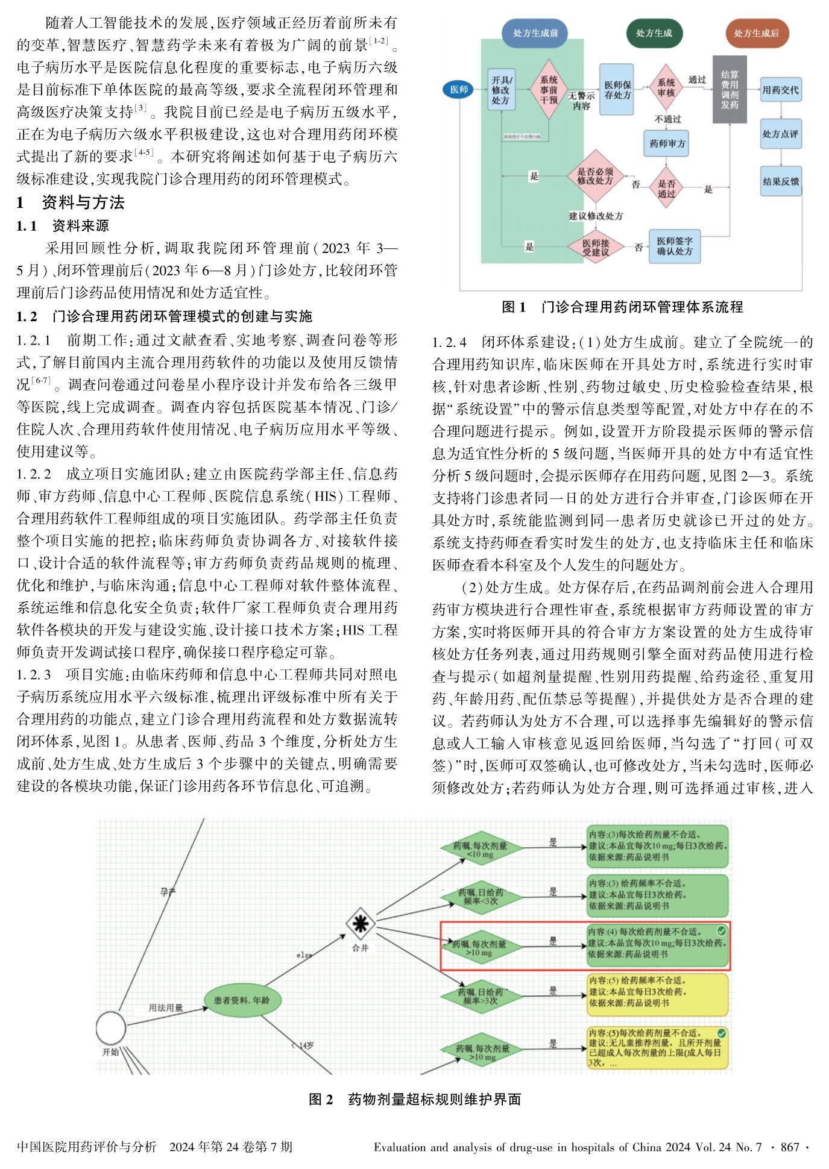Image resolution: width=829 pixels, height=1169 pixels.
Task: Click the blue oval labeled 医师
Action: (x=459, y=90)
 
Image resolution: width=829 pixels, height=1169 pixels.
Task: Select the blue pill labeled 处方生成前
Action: (x=535, y=33)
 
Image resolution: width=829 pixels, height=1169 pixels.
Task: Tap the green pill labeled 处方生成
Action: (x=654, y=33)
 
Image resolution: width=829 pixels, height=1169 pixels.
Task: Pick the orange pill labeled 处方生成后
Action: (x=756, y=33)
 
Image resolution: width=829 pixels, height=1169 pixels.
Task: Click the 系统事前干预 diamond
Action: (x=548, y=89)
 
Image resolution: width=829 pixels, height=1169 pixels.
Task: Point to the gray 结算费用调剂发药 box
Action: (x=730, y=89)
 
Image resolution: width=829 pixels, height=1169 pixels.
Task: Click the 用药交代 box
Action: (x=781, y=90)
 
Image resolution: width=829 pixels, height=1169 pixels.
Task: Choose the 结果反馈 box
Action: (x=781, y=181)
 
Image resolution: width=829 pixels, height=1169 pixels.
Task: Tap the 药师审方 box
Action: (x=667, y=143)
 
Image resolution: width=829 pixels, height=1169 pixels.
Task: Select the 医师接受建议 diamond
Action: (x=596, y=247)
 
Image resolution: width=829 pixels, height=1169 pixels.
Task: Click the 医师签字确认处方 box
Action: (x=675, y=246)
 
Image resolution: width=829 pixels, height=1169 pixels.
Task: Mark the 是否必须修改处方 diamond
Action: (x=595, y=176)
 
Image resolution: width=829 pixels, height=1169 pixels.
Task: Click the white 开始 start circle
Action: (x=111, y=1027)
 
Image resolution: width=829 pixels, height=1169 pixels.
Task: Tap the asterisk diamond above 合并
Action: (x=361, y=923)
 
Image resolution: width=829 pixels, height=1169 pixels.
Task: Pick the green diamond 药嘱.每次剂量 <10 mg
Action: (x=481, y=850)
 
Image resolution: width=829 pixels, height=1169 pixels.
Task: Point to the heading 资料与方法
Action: (x=83, y=202)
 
